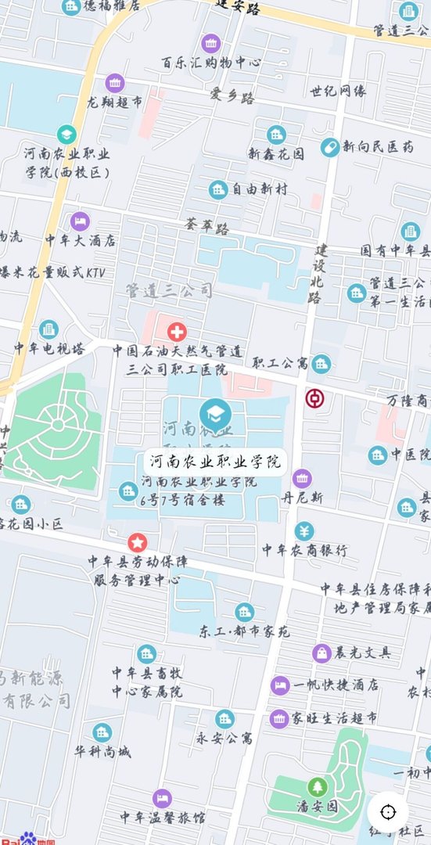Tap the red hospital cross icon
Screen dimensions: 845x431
[x=177, y=331]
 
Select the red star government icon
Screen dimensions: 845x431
[x=138, y=541]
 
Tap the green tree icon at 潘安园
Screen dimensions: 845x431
[x=318, y=786]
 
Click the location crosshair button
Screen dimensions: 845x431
[x=388, y=811]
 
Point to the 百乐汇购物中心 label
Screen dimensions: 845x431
[x=211, y=62]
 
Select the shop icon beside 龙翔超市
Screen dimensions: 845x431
[x=115, y=82]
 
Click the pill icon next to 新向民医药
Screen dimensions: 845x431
[x=330, y=146]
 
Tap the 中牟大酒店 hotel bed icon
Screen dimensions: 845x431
[x=80, y=221]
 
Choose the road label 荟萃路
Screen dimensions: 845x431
[x=207, y=228]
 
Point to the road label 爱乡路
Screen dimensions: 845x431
[x=232, y=98]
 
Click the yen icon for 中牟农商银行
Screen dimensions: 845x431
[x=304, y=531]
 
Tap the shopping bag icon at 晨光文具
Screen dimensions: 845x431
[x=321, y=653]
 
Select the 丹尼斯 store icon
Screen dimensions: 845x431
[x=302, y=477]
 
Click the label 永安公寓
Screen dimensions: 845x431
[x=224, y=737]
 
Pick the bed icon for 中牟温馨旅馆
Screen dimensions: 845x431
[x=162, y=798]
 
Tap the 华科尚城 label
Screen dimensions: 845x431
[x=102, y=752]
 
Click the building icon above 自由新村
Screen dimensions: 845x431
[x=218, y=189]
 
